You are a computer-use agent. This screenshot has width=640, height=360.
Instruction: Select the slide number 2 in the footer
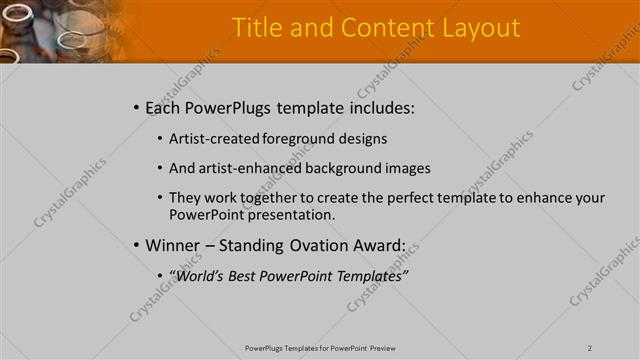(590, 348)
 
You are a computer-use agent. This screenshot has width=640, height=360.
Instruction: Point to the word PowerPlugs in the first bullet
(225, 107)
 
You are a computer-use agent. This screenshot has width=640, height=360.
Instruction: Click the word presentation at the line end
(291, 215)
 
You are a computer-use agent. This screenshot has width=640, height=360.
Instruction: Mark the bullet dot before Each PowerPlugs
(136, 107)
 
